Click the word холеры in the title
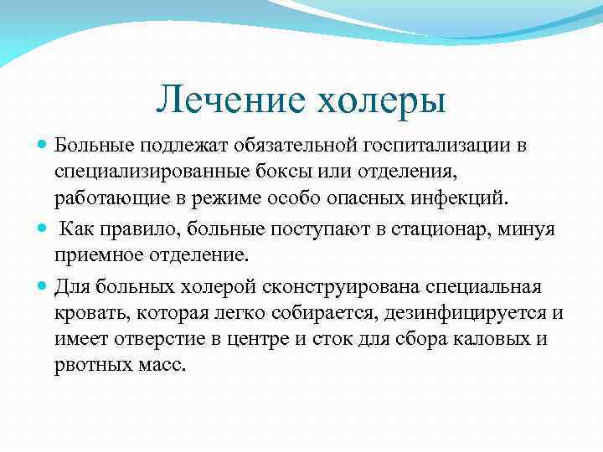381,101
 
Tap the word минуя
528,229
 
